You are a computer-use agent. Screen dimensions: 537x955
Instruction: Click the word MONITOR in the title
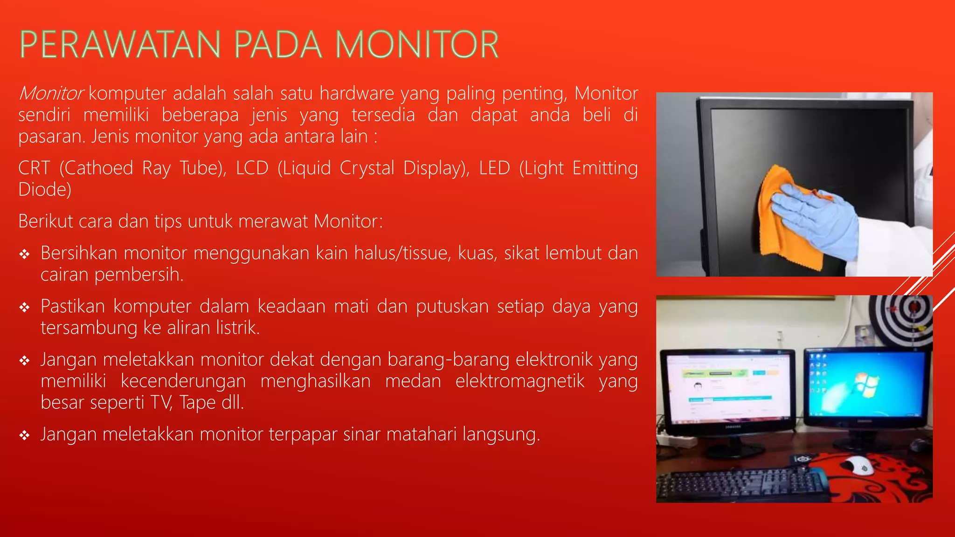(x=417, y=45)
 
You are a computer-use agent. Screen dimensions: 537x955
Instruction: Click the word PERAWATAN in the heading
(x=120, y=45)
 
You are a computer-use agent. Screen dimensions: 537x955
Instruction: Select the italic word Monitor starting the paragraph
(x=51, y=93)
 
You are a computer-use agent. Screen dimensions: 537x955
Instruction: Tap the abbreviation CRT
(x=34, y=168)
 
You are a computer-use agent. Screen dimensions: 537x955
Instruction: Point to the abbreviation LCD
(x=252, y=168)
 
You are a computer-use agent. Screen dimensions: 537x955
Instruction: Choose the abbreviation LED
(x=494, y=168)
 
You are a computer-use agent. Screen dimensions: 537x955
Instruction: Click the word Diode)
(x=45, y=189)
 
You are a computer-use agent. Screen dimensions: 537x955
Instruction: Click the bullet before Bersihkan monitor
(x=25, y=254)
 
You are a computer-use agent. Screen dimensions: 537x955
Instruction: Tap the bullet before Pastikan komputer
(x=25, y=307)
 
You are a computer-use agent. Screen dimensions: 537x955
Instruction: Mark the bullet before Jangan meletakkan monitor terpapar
(x=25, y=435)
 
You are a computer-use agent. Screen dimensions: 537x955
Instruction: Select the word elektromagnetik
(x=519, y=381)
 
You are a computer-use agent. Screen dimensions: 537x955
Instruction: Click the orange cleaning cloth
(x=788, y=233)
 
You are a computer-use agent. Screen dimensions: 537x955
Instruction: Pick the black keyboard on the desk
(x=741, y=485)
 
